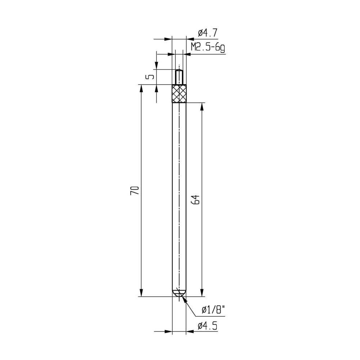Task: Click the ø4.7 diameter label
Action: pyautogui.click(x=207, y=33)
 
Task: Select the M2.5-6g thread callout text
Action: pyautogui.click(x=208, y=47)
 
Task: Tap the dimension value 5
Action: pyautogui.click(x=151, y=77)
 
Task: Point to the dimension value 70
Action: pyautogui.click(x=134, y=190)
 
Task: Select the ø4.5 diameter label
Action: pyautogui.click(x=207, y=326)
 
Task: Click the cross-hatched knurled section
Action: pyautogui.click(x=179, y=94)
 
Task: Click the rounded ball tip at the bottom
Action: pyautogui.click(x=179, y=293)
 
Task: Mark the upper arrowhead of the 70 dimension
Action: pyautogui.click(x=141, y=88)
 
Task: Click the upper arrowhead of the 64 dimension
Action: pyautogui.click(x=202, y=107)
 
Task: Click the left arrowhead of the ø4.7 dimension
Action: pyautogui.click(x=169, y=39)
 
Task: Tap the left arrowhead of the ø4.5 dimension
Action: pyautogui.click(x=169, y=331)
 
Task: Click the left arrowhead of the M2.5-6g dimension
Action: pyautogui.click(x=172, y=54)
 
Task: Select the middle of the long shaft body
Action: pyautogui.click(x=179, y=198)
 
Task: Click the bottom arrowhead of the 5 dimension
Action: pyautogui.click(x=157, y=88)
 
